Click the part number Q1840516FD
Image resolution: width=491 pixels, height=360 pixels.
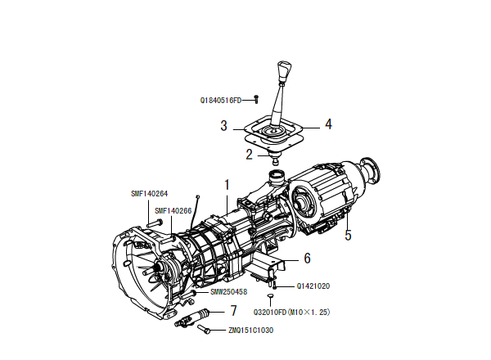(x=221, y=101)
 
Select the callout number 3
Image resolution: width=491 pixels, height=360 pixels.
(x=223, y=125)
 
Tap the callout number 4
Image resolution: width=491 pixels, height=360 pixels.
(x=328, y=124)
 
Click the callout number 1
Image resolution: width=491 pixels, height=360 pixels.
(x=227, y=185)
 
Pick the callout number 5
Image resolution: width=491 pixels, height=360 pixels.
(x=348, y=235)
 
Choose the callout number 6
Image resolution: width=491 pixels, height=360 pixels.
(x=307, y=258)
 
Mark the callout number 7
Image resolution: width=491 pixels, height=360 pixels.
(x=233, y=310)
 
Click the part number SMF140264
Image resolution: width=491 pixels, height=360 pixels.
(x=150, y=194)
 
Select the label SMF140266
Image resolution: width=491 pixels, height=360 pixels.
(x=173, y=210)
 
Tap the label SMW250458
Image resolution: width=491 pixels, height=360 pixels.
(x=228, y=291)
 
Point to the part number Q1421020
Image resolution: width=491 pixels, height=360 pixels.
(x=313, y=286)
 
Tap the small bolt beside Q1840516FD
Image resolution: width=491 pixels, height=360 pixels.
(x=256, y=99)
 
